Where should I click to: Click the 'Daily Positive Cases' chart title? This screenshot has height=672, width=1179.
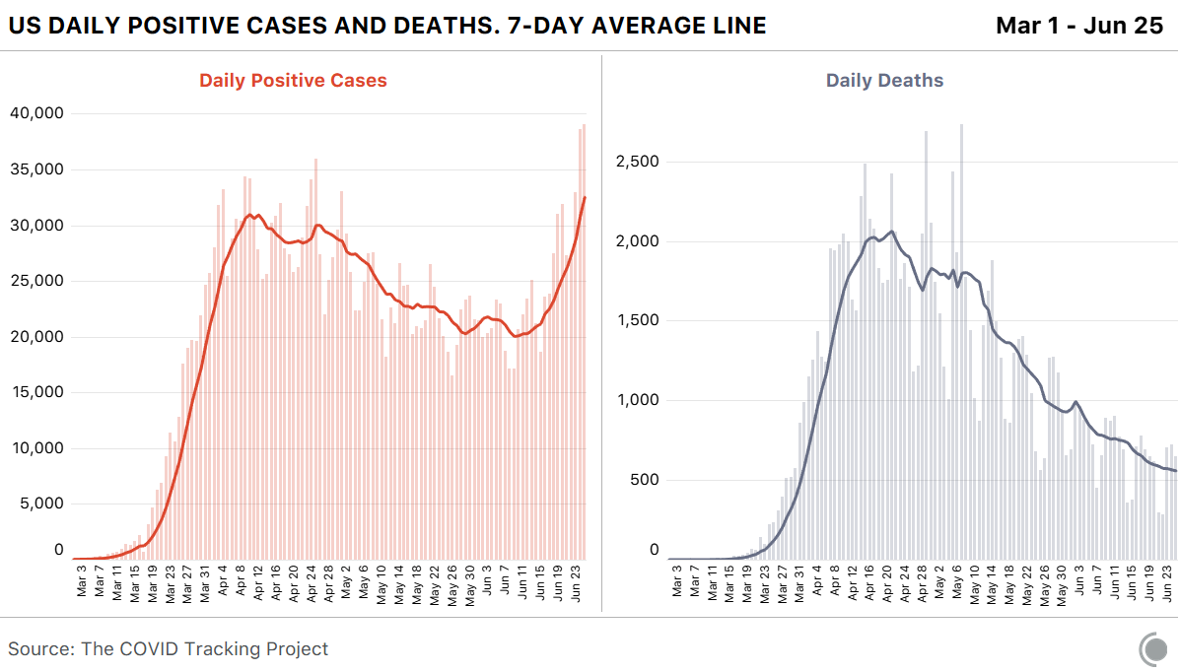tap(293, 81)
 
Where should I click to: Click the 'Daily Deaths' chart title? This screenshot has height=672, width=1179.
tap(884, 81)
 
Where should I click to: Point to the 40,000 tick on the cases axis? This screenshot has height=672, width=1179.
tap(36, 113)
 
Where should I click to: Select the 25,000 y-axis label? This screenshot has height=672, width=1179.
tap(36, 281)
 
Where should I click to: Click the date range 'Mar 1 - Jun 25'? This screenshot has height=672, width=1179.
tap(1079, 26)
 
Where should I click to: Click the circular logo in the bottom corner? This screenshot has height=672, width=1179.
tap(1152, 648)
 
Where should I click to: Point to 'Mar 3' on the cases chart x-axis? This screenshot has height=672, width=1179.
tap(82, 581)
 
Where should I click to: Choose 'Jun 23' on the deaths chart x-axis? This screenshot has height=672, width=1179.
tap(1169, 581)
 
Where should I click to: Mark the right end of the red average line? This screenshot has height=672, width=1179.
tap(586, 197)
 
